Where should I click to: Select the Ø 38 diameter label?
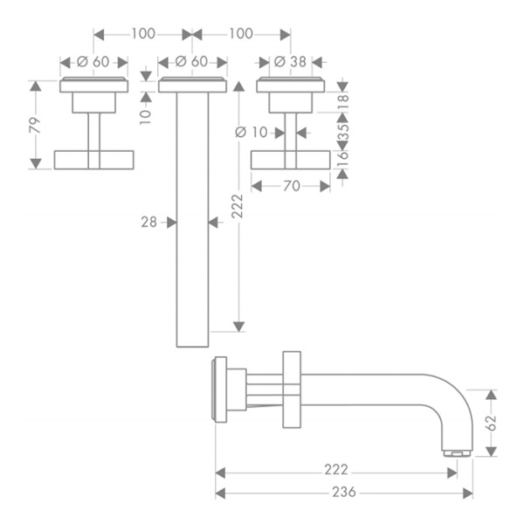(x=289, y=61)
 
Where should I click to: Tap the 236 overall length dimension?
(x=344, y=492)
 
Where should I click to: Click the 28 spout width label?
(x=148, y=223)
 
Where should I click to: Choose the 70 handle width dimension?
(x=291, y=185)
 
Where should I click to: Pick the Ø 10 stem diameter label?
(x=252, y=133)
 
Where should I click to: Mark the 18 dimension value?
(x=342, y=100)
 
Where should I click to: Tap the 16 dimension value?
(x=342, y=157)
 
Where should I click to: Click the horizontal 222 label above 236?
(x=335, y=471)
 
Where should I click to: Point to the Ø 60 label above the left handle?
(x=93, y=61)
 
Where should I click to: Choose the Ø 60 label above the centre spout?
(x=191, y=61)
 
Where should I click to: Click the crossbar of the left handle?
(x=93, y=159)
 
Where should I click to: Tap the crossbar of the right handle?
(x=290, y=160)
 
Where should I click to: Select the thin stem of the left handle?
(x=93, y=131)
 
